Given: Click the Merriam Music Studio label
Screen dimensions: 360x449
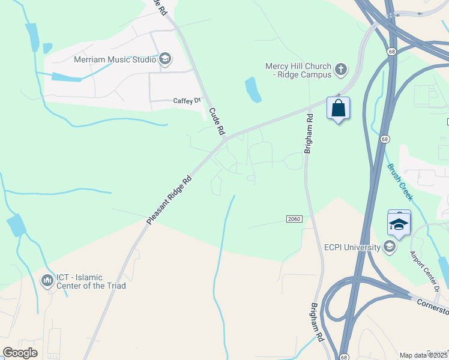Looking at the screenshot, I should (x=115, y=59).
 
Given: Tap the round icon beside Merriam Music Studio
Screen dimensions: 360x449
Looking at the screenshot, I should (x=165, y=59).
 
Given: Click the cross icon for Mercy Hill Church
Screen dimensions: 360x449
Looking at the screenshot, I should (x=340, y=70).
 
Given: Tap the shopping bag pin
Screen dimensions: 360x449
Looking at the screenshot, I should (x=339, y=109).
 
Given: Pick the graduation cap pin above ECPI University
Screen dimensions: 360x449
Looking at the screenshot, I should (x=399, y=224).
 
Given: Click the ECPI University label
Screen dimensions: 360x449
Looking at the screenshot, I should (x=352, y=247).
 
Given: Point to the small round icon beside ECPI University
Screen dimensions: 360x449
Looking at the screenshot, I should (x=390, y=247).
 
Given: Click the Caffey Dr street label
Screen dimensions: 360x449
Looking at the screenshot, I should (x=186, y=101).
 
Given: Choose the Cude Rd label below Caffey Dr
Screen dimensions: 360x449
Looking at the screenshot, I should (x=217, y=121).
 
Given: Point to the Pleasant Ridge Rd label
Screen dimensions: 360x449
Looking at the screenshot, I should (x=169, y=200).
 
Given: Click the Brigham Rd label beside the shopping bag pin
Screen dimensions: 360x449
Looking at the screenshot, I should (x=309, y=134).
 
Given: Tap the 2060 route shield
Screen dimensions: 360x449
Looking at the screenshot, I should (x=294, y=219).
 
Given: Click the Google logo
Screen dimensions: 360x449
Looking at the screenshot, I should (x=20, y=353).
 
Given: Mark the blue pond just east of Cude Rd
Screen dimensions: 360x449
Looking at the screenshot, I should (x=253, y=89).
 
